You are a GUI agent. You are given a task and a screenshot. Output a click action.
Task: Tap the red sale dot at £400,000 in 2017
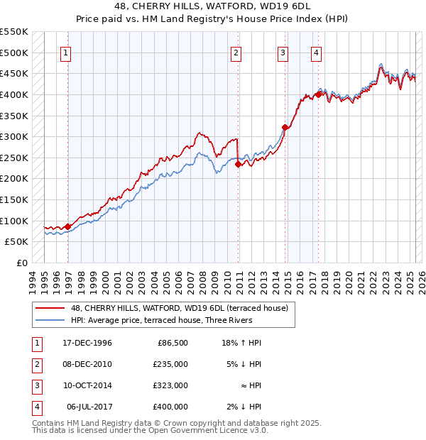click(x=319, y=94)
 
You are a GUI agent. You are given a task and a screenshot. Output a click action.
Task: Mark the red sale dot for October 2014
click(x=285, y=127)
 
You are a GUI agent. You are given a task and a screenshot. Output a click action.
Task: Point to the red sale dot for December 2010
click(x=238, y=164)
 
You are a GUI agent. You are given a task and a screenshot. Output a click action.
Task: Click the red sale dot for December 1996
click(x=68, y=226)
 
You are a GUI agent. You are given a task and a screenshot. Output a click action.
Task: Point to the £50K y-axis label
click(x=16, y=241)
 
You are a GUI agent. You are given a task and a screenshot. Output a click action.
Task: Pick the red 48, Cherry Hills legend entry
click(x=179, y=308)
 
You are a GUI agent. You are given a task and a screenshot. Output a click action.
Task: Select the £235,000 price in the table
click(x=170, y=363)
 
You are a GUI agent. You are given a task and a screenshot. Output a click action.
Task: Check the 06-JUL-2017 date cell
click(x=89, y=407)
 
